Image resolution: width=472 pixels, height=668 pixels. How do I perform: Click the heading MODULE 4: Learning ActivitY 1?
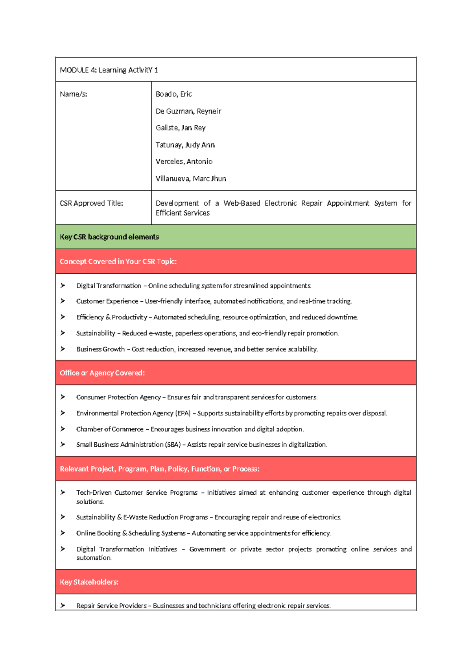109,70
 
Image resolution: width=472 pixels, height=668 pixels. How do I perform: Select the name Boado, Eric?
173,94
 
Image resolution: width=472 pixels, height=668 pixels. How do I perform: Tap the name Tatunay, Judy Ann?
185,145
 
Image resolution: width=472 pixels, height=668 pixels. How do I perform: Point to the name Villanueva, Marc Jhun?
191,179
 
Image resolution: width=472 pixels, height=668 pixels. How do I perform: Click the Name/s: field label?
74,94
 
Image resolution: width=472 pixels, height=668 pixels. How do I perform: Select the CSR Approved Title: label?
91,203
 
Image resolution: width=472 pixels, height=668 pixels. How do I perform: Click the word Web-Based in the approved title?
242,203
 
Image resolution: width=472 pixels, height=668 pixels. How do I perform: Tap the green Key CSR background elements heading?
109,237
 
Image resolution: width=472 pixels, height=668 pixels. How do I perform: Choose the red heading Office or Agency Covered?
102,373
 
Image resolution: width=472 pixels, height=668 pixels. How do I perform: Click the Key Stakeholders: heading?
89,582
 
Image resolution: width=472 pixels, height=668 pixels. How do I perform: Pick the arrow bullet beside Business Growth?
63,349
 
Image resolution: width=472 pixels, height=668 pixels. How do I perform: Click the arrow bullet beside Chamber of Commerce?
63,429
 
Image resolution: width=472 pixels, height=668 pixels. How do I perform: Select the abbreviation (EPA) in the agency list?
183,413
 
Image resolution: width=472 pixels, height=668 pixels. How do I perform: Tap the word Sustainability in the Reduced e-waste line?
96,333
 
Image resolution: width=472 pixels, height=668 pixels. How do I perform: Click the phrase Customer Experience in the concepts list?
107,301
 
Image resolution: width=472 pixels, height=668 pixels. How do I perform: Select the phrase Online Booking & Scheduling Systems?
131,533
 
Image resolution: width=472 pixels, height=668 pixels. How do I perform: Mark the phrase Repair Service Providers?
111,606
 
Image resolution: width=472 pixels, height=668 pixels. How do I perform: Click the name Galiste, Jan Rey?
181,128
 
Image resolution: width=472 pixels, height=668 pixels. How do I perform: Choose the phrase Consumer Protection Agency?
118,397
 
